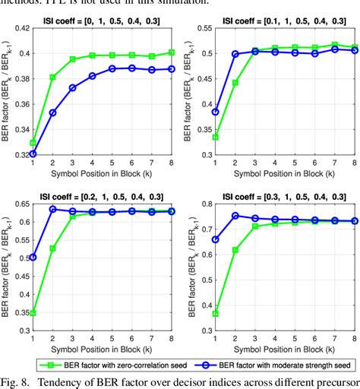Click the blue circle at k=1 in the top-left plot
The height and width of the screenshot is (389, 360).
[x=32, y=153]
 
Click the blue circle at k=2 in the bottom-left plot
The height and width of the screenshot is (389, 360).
[x=53, y=209]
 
